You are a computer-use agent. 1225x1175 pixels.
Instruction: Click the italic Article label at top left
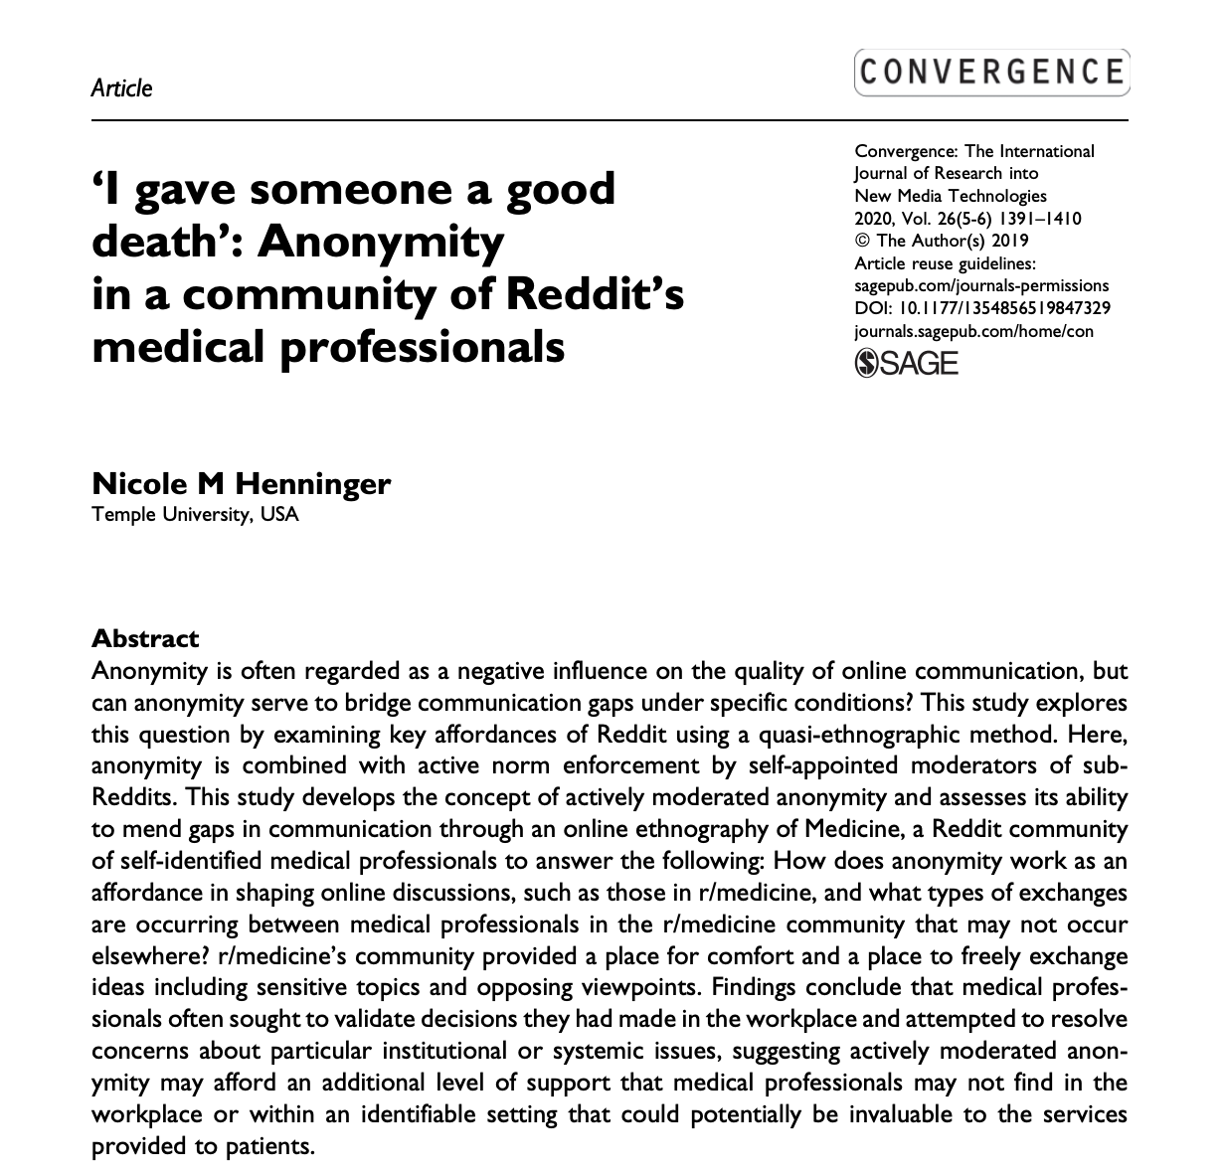point(121,87)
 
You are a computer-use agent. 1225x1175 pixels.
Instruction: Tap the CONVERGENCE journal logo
point(991,72)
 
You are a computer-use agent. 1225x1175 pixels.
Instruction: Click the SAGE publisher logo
point(906,363)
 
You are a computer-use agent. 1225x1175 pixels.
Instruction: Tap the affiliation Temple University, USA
point(195,515)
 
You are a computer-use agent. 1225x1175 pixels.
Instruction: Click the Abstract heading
point(145,638)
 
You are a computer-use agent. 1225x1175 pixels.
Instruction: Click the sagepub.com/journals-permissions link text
point(981,285)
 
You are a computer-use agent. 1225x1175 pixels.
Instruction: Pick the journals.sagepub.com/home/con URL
point(973,331)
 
